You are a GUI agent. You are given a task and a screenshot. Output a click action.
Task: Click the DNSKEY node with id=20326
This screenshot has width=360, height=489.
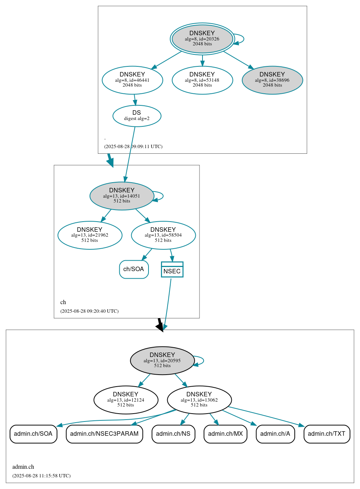[x=202, y=39]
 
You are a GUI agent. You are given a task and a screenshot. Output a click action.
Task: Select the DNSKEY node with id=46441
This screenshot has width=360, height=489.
[x=132, y=80]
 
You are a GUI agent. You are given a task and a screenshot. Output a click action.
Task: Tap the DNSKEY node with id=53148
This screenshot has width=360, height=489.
[x=202, y=80]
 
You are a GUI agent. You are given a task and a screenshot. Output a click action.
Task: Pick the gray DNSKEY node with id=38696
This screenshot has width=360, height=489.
[x=272, y=80]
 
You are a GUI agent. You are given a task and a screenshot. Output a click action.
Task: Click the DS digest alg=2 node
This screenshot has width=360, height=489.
[x=137, y=116]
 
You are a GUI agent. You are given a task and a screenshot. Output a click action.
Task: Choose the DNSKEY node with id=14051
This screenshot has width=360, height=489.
[x=122, y=196]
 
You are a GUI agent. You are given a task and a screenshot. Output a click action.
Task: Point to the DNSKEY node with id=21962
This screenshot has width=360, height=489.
[x=90, y=235]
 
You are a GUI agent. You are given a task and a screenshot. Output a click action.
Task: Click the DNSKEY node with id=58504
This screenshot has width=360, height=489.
[x=163, y=235]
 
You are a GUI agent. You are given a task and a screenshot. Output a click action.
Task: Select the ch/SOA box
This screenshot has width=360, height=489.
[x=134, y=269]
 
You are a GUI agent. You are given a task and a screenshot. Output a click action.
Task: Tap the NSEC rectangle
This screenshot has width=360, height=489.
[x=172, y=270]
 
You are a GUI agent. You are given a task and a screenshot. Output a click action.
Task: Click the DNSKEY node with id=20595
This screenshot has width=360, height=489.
[x=162, y=360]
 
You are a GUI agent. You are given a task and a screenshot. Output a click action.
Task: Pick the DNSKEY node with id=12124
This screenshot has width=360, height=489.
[x=126, y=400]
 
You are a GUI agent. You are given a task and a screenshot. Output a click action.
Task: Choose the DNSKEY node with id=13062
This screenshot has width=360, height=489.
[x=199, y=400]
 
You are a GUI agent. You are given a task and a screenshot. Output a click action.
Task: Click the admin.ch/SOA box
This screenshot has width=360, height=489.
[x=33, y=434]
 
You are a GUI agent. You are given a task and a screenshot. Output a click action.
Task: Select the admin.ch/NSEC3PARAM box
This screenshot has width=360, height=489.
[x=104, y=434]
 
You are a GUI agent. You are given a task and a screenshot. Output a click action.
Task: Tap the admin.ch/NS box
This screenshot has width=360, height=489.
[x=173, y=434]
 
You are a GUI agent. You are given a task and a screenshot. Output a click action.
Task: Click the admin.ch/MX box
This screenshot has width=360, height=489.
[x=225, y=434]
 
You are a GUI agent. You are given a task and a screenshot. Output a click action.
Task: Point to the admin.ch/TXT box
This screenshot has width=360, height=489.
[x=327, y=434]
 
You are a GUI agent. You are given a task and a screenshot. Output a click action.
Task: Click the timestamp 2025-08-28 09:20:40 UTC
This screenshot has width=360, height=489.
[x=89, y=311]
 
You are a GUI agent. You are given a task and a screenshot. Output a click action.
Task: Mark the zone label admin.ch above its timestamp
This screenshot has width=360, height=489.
[x=23, y=467]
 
